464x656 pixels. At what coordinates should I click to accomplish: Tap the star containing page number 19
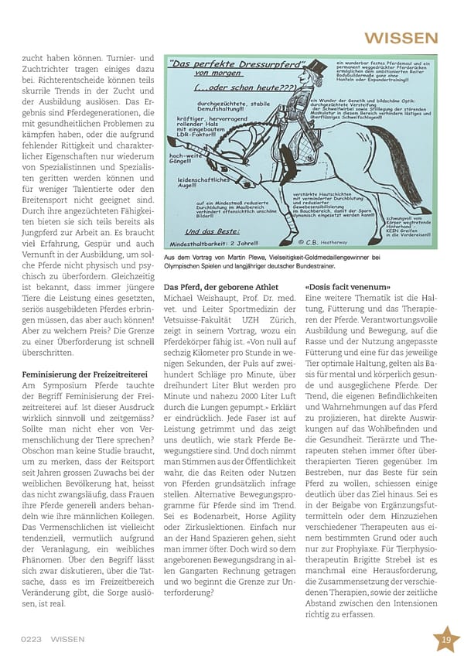446,639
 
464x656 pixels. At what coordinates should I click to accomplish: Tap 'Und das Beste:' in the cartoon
199,231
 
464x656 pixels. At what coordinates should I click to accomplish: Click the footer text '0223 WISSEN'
53,639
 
